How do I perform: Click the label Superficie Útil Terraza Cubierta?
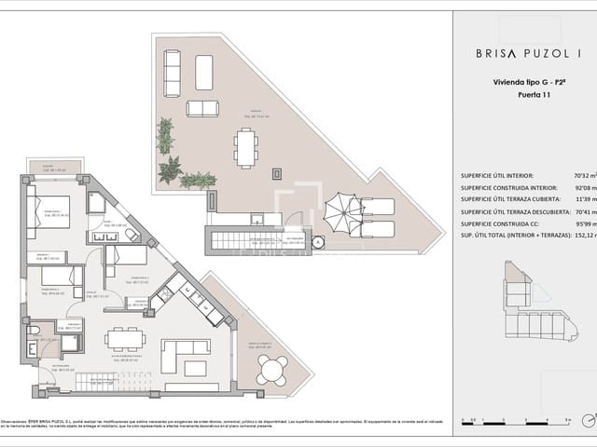(508, 200)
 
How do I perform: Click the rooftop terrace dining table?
(246, 146)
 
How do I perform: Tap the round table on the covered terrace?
(272, 370)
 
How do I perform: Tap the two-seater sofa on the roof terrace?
(202, 108)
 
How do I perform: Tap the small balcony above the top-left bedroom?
(55, 169)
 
